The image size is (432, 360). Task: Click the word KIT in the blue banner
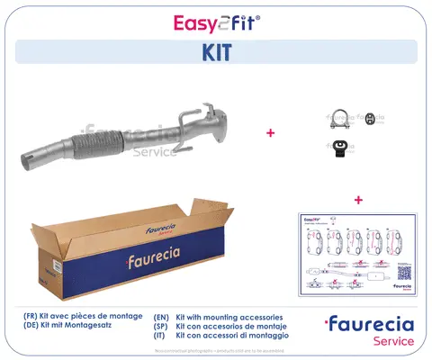(215, 52)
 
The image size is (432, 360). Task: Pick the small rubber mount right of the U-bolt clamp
(368, 119)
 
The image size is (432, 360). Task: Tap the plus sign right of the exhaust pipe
(270, 133)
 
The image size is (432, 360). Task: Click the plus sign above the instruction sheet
(358, 199)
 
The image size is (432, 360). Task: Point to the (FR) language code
(32, 318)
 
